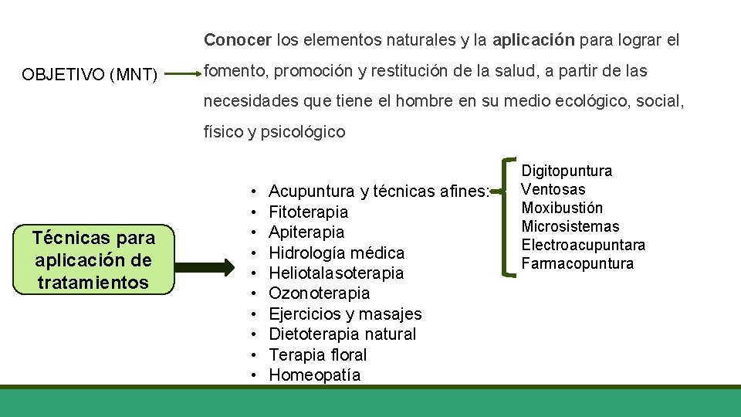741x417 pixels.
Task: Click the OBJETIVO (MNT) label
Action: coord(90,75)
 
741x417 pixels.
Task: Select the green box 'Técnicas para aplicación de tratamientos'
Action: coord(93,260)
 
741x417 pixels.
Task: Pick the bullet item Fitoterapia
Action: coord(308,212)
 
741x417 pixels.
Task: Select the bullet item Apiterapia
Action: coord(306,232)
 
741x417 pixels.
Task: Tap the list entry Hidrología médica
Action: coord(336,253)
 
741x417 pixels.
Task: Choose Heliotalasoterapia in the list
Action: coord(336,273)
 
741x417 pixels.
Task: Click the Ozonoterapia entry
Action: coord(319,293)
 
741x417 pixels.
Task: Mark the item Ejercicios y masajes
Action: coord(345,314)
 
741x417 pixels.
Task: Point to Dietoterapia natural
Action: coord(342,334)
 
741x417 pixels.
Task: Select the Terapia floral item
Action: coord(317,355)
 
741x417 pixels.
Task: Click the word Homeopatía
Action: coord(314,375)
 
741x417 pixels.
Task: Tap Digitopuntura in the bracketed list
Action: coord(567,171)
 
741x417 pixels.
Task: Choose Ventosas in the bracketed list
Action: coord(553,189)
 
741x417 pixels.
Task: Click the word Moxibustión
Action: coord(562,208)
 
